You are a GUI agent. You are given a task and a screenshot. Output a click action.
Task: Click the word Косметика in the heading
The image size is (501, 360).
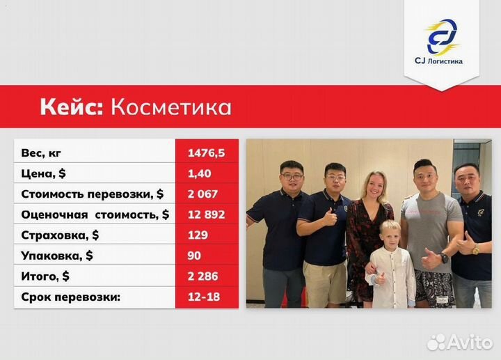pyautogui.click(x=171, y=108)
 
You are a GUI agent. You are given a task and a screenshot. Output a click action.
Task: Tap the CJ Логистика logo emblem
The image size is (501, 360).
pyautogui.click(x=443, y=36)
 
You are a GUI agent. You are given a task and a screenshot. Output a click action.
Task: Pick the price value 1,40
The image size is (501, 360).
pyautogui.click(x=199, y=173)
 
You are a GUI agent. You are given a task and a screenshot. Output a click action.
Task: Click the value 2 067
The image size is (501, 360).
pyautogui.click(x=202, y=194)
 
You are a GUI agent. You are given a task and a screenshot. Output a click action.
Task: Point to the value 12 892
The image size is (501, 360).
pyautogui.click(x=206, y=214)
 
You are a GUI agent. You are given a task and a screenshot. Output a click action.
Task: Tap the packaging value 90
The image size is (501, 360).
pyautogui.click(x=194, y=256)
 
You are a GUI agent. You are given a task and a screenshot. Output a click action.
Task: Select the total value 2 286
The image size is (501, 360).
pyautogui.click(x=203, y=276)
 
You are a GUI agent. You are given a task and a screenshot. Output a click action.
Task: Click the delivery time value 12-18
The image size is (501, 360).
pyautogui.click(x=202, y=297)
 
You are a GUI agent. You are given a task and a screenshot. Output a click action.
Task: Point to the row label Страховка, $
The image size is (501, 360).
pyautogui.click(x=60, y=235)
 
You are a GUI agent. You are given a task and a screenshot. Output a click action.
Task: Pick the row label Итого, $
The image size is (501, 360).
pyautogui.click(x=46, y=276)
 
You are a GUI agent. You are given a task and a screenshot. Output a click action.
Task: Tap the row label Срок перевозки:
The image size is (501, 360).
pyautogui.click(x=71, y=297)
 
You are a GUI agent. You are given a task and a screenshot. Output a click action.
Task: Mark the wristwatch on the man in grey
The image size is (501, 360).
pyautogui.click(x=444, y=258)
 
